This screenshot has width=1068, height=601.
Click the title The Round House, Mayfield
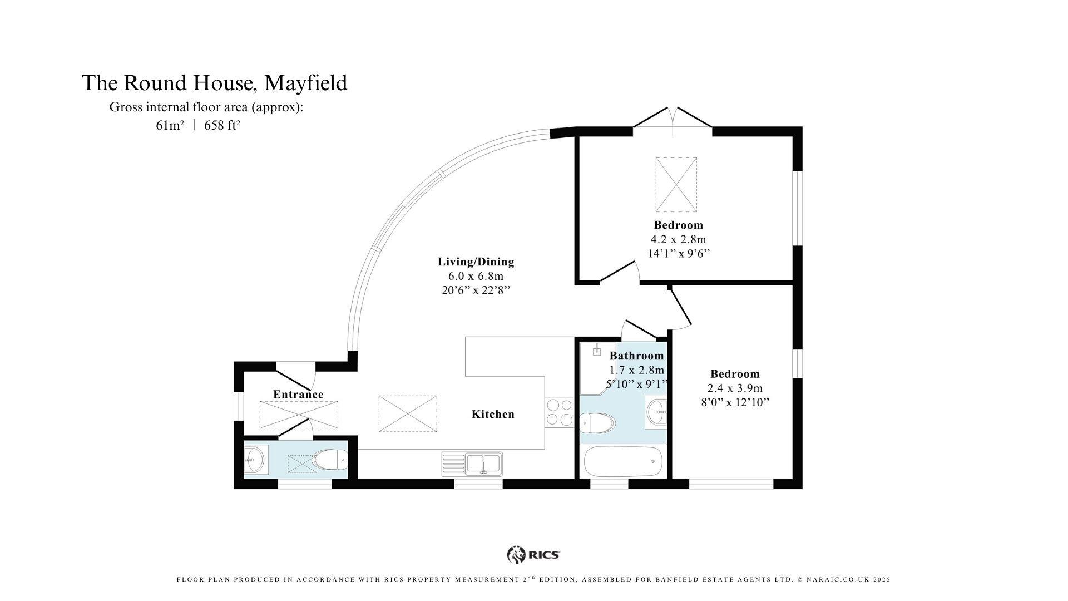(x=214, y=83)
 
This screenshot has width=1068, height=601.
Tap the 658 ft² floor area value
(x=222, y=125)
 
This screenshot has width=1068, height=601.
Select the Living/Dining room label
(x=476, y=262)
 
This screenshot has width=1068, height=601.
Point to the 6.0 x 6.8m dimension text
(x=476, y=276)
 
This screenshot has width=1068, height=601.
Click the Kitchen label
(x=493, y=414)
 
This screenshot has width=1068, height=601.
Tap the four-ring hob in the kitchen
(x=559, y=412)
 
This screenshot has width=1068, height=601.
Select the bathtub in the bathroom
(x=623, y=461)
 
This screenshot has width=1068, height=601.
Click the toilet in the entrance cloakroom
(x=330, y=460)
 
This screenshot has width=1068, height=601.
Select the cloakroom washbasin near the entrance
(x=255, y=460)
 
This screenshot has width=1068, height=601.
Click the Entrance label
(x=298, y=395)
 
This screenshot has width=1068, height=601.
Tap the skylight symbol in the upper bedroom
(x=676, y=184)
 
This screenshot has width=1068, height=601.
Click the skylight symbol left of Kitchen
(x=408, y=413)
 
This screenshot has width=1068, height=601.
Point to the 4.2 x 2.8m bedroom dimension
(x=678, y=239)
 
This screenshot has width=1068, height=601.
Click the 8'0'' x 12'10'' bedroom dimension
(x=735, y=402)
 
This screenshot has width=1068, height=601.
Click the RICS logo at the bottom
(x=533, y=555)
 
